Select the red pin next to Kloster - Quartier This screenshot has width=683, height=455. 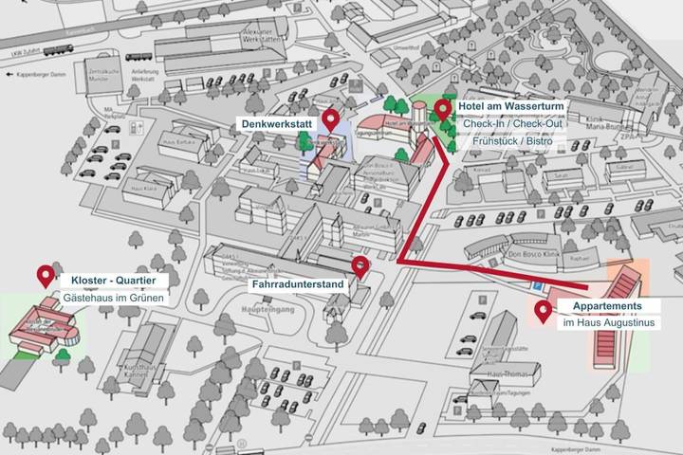[x=45, y=276]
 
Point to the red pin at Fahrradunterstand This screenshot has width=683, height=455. [x=360, y=265]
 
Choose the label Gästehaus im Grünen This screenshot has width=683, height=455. [x=114, y=298]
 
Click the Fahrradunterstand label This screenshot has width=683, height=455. [x=297, y=282]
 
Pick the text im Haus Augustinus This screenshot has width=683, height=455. [x=608, y=323]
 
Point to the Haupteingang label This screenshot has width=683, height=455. [x=262, y=310]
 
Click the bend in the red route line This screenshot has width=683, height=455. [x=400, y=260]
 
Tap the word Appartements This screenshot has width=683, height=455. [x=607, y=306]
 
